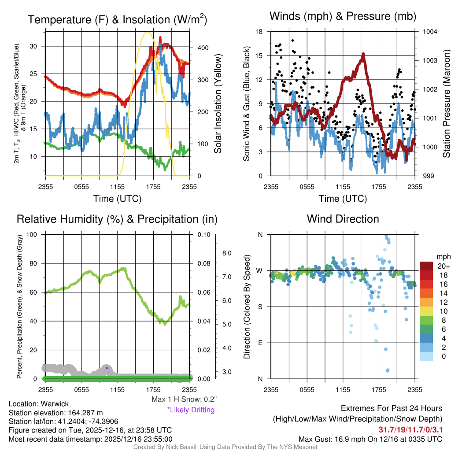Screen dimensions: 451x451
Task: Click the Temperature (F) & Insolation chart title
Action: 117,20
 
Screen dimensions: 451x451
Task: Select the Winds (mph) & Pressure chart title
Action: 343,17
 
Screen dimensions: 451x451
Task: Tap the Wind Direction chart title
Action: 343,219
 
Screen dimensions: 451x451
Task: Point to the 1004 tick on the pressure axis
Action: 429,32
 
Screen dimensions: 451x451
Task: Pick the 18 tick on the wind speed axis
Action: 259,32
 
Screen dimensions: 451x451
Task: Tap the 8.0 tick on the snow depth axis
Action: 227,253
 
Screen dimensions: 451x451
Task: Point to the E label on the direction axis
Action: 260,343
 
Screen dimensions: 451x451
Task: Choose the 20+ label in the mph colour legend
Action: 442,266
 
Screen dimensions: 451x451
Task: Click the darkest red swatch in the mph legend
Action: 427,266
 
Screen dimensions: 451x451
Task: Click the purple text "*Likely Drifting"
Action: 191,410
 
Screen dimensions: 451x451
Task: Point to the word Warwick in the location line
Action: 55,404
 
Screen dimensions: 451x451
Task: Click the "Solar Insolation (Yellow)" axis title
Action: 218,104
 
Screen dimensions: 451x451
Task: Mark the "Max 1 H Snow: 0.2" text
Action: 184,399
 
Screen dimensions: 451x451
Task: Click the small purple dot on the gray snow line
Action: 107,368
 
